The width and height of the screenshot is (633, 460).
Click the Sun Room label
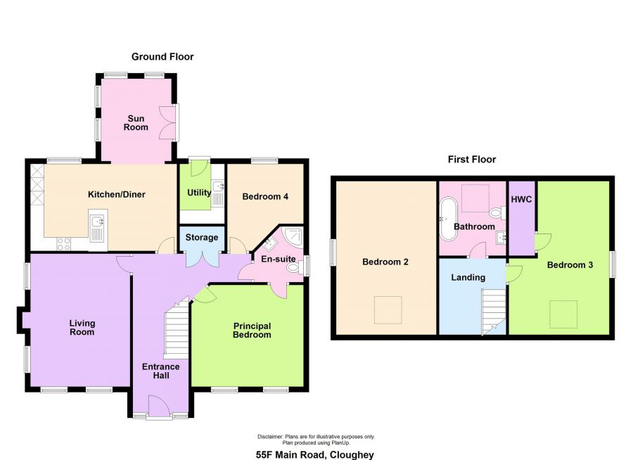point(136,123)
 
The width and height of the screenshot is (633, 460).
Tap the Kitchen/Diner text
point(117,195)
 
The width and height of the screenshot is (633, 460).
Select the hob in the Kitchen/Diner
point(64,243)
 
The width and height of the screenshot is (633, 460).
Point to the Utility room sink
point(219,193)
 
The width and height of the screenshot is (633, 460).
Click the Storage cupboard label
point(201,238)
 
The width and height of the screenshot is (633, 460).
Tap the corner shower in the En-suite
point(293,237)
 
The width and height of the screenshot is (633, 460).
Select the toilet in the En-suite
point(294,267)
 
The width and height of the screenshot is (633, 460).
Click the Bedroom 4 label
point(265,197)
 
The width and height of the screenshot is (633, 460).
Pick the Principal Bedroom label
point(252,331)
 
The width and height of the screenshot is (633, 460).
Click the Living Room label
point(82,328)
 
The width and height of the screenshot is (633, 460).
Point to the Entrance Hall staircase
point(177,328)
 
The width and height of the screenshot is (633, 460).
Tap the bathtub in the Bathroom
point(448,219)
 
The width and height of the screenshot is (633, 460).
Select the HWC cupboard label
point(521,200)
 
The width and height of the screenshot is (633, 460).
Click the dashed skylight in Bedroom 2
point(388,309)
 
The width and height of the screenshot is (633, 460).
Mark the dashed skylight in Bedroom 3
point(563,314)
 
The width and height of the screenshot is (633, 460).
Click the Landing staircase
point(493,312)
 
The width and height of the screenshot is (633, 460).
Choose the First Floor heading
point(472,160)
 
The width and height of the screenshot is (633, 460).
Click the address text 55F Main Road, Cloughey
point(315,455)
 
